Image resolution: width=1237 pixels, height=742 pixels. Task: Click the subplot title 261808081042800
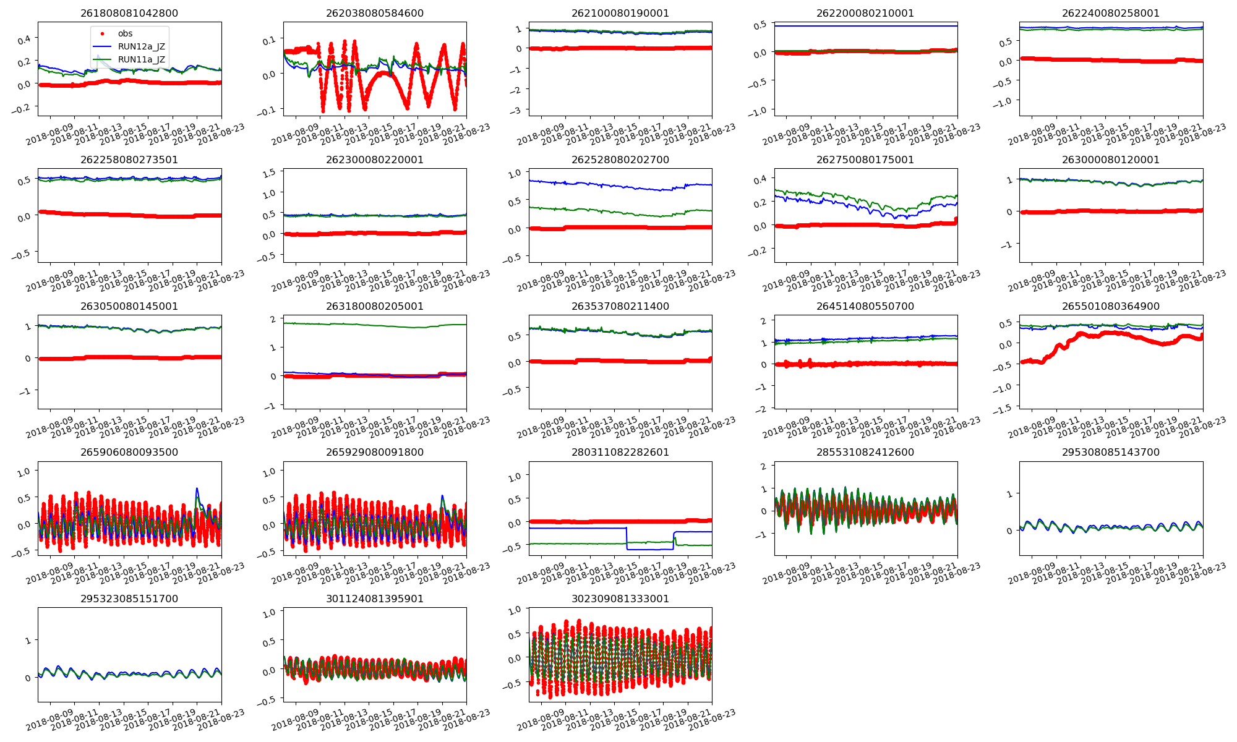129,13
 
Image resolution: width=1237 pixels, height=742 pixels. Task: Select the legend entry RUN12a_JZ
141,46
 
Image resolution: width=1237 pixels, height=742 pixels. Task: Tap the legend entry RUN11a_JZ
141,59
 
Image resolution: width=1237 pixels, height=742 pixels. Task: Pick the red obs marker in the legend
102,33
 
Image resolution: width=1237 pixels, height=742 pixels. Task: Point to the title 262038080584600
375,13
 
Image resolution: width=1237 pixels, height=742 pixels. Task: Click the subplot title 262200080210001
865,13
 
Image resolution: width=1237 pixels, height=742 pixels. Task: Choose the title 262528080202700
620,160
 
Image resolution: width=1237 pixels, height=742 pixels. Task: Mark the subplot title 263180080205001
375,306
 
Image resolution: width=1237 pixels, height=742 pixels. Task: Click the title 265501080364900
1111,306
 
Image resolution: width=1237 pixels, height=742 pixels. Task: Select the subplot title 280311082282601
620,452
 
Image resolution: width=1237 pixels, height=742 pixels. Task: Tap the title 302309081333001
620,599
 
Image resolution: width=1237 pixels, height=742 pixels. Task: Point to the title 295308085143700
1111,452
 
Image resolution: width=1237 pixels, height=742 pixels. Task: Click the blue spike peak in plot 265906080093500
197,489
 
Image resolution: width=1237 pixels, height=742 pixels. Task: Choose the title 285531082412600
865,452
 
